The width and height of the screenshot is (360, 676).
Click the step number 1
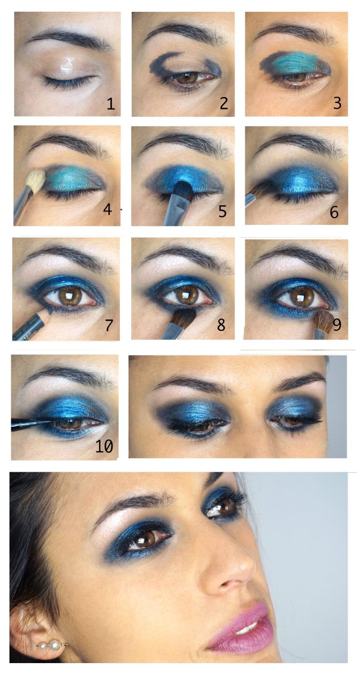click(111, 104)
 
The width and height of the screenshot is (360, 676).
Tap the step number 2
click(224, 103)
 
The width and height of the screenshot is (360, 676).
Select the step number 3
click(337, 103)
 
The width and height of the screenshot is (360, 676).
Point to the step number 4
click(107, 209)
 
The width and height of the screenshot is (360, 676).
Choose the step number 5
click(222, 211)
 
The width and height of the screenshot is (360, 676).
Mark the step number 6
click(334, 212)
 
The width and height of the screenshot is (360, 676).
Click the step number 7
click(109, 325)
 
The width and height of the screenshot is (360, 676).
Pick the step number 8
click(221, 325)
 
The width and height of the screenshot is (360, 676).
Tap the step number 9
click(337, 325)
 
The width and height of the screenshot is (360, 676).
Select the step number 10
click(104, 447)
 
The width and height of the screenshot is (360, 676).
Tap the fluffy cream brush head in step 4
click(35, 182)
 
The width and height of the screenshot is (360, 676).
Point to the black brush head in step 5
click(182, 191)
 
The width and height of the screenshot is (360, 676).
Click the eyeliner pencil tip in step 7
click(49, 309)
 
